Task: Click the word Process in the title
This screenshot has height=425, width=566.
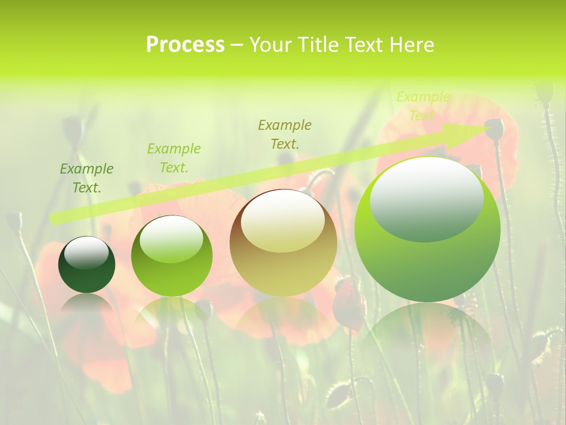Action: (x=185, y=45)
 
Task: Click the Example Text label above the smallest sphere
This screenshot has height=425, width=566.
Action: (x=87, y=178)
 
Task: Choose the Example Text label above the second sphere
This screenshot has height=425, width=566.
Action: (x=174, y=158)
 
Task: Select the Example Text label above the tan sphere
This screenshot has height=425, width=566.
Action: (x=285, y=134)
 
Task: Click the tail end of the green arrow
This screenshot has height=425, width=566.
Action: (x=53, y=219)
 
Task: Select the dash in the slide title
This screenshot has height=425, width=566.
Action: (x=236, y=45)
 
